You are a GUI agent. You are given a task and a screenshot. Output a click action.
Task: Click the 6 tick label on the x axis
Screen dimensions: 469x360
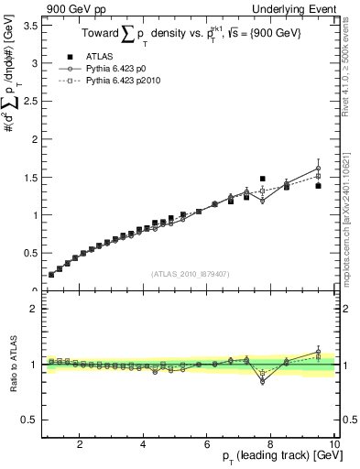[x=207, y=443]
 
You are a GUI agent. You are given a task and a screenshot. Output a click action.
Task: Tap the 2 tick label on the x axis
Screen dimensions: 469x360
[x=81, y=443]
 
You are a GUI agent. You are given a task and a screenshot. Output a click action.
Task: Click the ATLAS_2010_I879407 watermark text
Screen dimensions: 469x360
[x=190, y=273]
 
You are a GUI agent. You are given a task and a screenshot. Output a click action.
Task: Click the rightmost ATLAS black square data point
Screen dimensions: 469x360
[x=318, y=186]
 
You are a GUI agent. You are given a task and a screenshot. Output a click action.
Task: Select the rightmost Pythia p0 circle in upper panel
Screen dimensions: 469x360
[x=318, y=169]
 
